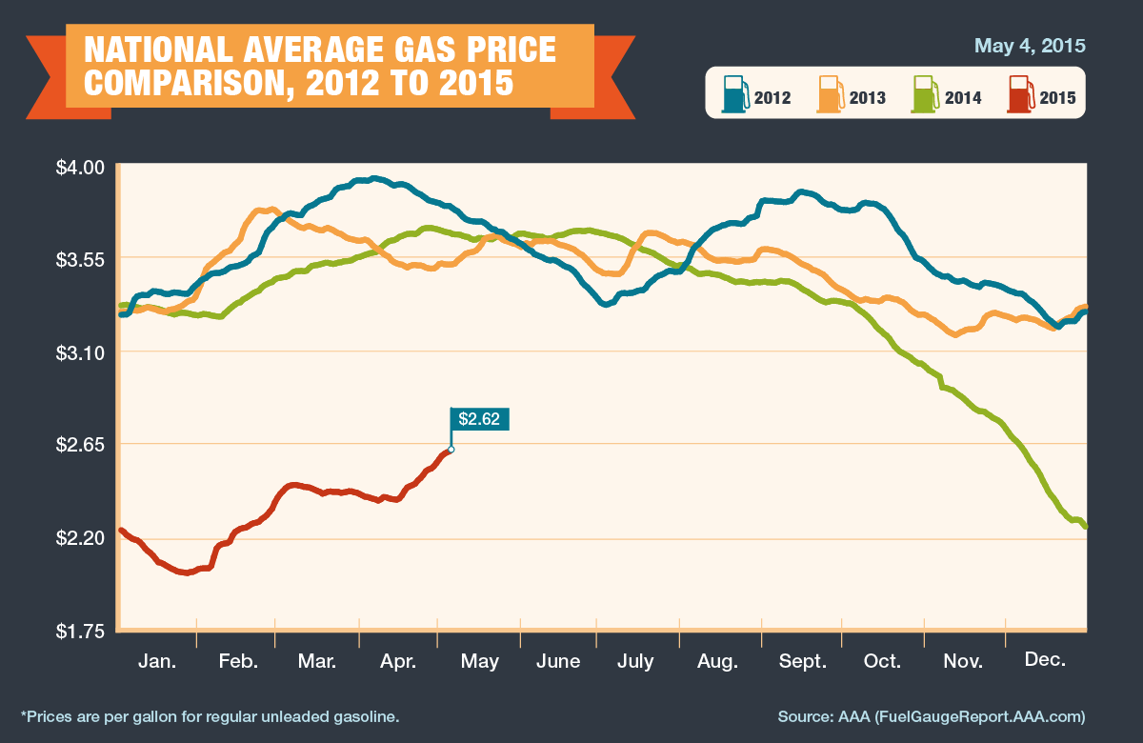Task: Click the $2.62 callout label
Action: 480,419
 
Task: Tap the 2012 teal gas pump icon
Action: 734,94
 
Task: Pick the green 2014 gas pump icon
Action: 924,94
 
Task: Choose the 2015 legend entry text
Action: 1057,97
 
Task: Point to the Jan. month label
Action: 157,660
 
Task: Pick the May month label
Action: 478,660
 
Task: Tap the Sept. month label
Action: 802,660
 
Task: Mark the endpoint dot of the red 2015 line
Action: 451,450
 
